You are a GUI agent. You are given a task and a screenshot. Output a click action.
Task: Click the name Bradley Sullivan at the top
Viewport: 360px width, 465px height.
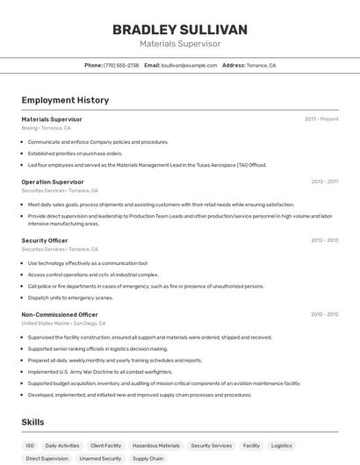pyautogui.click(x=179, y=30)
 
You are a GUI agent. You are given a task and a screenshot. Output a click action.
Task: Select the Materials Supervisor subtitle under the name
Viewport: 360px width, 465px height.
pyautogui.click(x=179, y=44)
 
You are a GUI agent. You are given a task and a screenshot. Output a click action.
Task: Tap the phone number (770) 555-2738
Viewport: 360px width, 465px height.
pyautogui.click(x=121, y=66)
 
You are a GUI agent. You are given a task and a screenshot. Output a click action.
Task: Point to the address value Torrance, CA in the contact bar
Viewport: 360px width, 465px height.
pyautogui.click(x=261, y=66)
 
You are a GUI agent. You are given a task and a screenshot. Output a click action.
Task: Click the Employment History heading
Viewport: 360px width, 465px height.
pyautogui.click(x=65, y=100)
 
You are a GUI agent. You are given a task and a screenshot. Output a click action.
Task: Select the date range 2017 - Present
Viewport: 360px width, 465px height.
pyautogui.click(x=321, y=119)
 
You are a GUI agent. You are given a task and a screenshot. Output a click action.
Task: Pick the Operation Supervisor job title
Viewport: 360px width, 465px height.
pyautogui.click(x=53, y=182)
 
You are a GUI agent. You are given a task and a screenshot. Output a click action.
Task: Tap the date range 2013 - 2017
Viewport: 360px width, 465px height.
pyautogui.click(x=324, y=182)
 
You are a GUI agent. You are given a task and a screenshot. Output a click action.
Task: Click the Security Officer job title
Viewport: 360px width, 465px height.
pyautogui.click(x=45, y=240)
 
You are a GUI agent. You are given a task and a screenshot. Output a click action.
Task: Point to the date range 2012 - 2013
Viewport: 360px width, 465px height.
pyautogui.click(x=324, y=240)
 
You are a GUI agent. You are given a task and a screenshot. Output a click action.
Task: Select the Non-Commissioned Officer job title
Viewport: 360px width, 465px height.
pyautogui.click(x=60, y=314)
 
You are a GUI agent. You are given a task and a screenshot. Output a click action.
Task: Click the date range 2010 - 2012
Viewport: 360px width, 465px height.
pyautogui.click(x=324, y=314)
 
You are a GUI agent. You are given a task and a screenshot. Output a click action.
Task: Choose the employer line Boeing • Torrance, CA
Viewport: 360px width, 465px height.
pyautogui.click(x=46, y=128)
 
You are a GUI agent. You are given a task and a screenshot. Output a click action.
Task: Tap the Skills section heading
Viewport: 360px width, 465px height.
pyautogui.click(x=32, y=422)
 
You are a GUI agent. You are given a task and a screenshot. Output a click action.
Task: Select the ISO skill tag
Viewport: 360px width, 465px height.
pyautogui.click(x=31, y=446)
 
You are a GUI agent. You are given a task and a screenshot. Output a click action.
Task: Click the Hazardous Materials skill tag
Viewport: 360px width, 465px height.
pyautogui.click(x=156, y=446)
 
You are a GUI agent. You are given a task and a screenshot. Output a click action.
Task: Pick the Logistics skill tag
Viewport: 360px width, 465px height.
pyautogui.click(x=282, y=446)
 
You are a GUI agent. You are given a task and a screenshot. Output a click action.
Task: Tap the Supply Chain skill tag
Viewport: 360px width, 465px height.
pyautogui.click(x=148, y=459)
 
